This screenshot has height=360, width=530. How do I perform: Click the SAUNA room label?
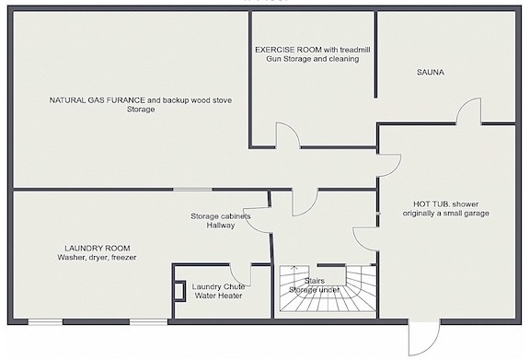[x=431, y=72]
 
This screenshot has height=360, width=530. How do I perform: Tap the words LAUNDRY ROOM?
[x=98, y=249]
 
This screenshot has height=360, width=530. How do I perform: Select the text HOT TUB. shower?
[x=446, y=204]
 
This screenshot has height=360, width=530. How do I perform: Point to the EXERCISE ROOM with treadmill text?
[x=313, y=50]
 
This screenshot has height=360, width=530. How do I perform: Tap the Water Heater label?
[x=218, y=296]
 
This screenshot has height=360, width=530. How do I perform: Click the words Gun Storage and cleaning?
[x=313, y=59]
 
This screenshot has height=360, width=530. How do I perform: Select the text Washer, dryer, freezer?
[x=97, y=258]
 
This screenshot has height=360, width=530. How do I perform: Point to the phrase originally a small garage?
[x=446, y=214]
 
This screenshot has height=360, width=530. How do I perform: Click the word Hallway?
[x=221, y=225]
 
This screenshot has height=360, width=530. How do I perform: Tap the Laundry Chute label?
[x=218, y=286]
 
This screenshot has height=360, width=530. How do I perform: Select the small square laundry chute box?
[x=179, y=291]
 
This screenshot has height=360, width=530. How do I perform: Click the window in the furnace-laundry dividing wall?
[x=192, y=190]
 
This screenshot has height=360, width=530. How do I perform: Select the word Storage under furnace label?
[x=141, y=110]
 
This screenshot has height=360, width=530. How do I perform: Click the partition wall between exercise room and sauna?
[x=375, y=54]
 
